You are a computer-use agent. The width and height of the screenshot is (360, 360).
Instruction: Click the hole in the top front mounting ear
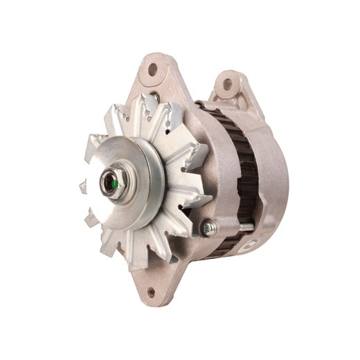pyautogui.click(x=152, y=69)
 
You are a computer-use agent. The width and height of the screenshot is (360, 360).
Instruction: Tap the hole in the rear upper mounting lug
pyautogui.click(x=226, y=84)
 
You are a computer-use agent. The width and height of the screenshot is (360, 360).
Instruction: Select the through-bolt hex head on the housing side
pyautogui.click(x=207, y=227)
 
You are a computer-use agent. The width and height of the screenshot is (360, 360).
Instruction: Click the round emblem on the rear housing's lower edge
pyautogui.click(x=251, y=243)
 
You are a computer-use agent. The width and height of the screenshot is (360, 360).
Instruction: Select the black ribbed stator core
pyautogui.click(x=242, y=173)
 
